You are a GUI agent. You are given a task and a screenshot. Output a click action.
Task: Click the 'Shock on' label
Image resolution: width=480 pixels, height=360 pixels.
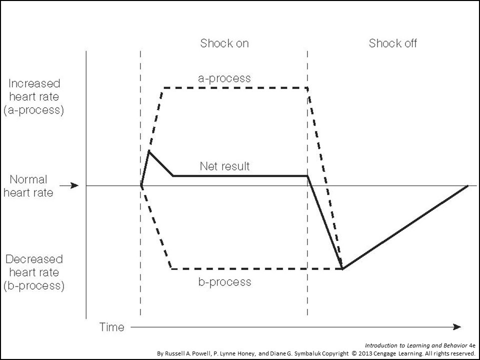click(x=224, y=43)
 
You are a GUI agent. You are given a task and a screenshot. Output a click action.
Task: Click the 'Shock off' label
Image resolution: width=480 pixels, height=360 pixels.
click(x=393, y=43)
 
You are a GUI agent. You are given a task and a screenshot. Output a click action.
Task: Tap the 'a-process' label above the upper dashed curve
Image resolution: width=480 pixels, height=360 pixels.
click(x=224, y=78)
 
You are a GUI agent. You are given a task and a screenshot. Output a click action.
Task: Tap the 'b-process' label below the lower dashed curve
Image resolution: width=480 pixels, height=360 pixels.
click(x=224, y=282)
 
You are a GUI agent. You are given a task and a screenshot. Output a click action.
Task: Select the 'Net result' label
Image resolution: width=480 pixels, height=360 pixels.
click(x=224, y=166)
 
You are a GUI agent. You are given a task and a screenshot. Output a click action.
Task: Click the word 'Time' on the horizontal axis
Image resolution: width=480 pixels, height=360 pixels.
click(x=111, y=327)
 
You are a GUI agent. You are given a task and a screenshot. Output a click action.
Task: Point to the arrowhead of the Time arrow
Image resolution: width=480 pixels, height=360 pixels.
click(x=457, y=327)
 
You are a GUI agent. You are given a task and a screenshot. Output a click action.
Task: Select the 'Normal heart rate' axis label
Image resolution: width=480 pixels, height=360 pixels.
click(x=28, y=185)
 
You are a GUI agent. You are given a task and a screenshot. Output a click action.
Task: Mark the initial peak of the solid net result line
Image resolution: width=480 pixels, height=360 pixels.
click(x=149, y=151)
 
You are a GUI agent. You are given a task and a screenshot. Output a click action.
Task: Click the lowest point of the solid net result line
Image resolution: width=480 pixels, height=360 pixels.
click(x=341, y=269)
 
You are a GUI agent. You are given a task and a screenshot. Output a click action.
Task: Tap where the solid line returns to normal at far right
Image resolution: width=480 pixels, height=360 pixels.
click(x=467, y=185)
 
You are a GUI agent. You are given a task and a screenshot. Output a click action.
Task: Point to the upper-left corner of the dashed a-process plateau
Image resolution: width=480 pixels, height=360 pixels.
click(x=163, y=88)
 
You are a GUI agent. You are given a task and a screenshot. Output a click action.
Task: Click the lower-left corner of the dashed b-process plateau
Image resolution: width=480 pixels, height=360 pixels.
click(x=171, y=269)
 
